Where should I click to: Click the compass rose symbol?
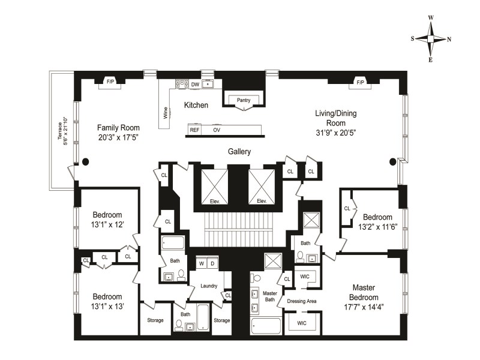coord(431,38)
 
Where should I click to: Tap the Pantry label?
coord(244,100)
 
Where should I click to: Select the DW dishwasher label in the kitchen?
coord(195,84)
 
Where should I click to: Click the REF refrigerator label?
coord(194,130)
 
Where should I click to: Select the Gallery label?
coord(239,152)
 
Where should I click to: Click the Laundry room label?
coord(209,286)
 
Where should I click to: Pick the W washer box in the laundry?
coord(201,263)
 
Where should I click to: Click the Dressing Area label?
coord(301,301)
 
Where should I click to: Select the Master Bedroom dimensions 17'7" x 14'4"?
coord(364,308)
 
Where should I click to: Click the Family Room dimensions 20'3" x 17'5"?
coord(118,138)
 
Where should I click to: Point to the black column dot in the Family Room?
coord(85,161)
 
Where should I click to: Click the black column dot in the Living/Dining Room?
coord(394,161)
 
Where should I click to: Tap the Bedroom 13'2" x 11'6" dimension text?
coord(377,227)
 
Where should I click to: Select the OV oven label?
coord(217,130)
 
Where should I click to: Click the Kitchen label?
coord(196,106)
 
